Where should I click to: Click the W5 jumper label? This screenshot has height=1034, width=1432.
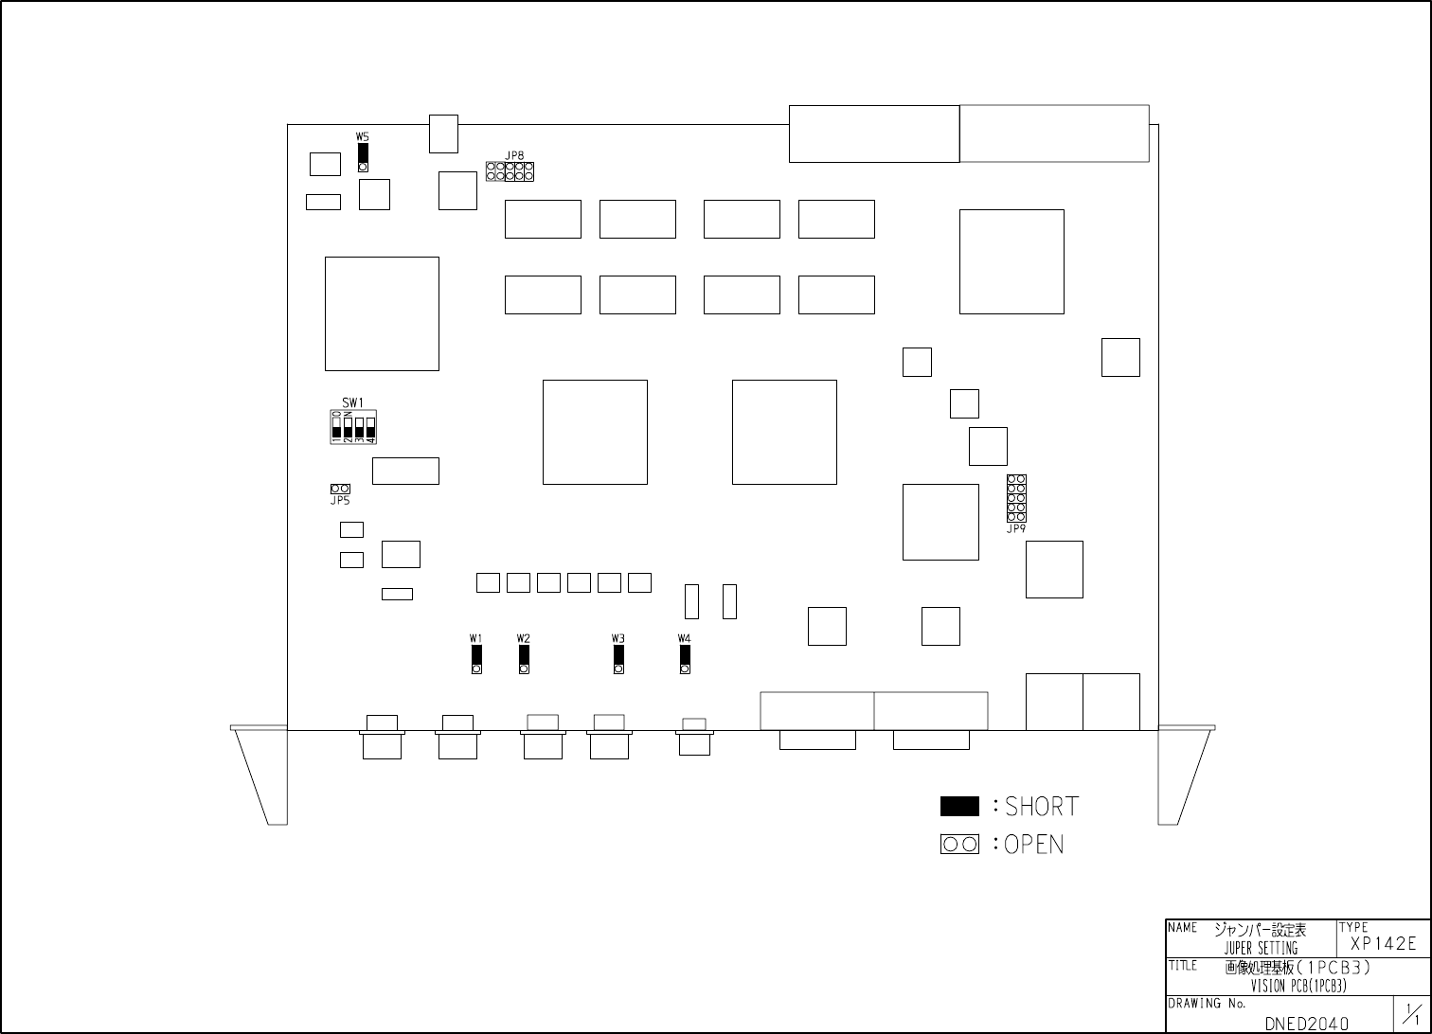point(363,136)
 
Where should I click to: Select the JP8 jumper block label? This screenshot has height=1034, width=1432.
point(514,155)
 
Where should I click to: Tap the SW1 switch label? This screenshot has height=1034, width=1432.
point(353,402)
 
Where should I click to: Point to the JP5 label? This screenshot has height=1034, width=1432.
point(340,501)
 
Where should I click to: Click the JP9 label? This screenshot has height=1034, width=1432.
point(1016,529)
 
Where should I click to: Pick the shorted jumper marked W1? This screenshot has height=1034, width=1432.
point(476,658)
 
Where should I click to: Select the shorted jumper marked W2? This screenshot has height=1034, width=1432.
point(524,658)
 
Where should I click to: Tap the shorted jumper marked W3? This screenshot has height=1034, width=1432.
point(618,658)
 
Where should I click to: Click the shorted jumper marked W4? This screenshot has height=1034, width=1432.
point(685,658)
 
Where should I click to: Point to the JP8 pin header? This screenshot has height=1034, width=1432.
point(510,172)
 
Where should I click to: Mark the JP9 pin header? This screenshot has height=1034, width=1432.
point(1016,498)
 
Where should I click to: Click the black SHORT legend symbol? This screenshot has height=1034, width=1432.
point(959,806)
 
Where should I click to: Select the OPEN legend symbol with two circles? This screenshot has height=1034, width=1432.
point(959,844)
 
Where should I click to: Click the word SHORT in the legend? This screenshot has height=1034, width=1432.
point(1042,807)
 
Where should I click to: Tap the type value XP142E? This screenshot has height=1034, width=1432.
point(1383,943)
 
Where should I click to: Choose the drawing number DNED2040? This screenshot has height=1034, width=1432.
point(1306,1024)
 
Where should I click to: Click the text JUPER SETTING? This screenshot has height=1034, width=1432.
point(1261,948)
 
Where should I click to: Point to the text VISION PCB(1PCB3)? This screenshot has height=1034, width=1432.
point(1298,986)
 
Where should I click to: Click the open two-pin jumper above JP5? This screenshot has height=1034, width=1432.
point(340,489)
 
